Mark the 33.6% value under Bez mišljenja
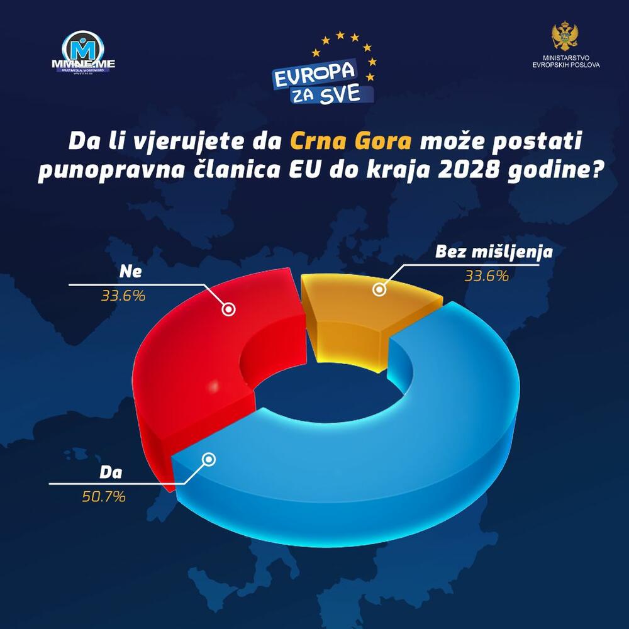pyautogui.click(x=486, y=275)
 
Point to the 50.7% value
pyautogui.click(x=103, y=496)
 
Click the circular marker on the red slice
pyautogui.click(x=229, y=309)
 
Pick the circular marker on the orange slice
pyautogui.click(x=379, y=289)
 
